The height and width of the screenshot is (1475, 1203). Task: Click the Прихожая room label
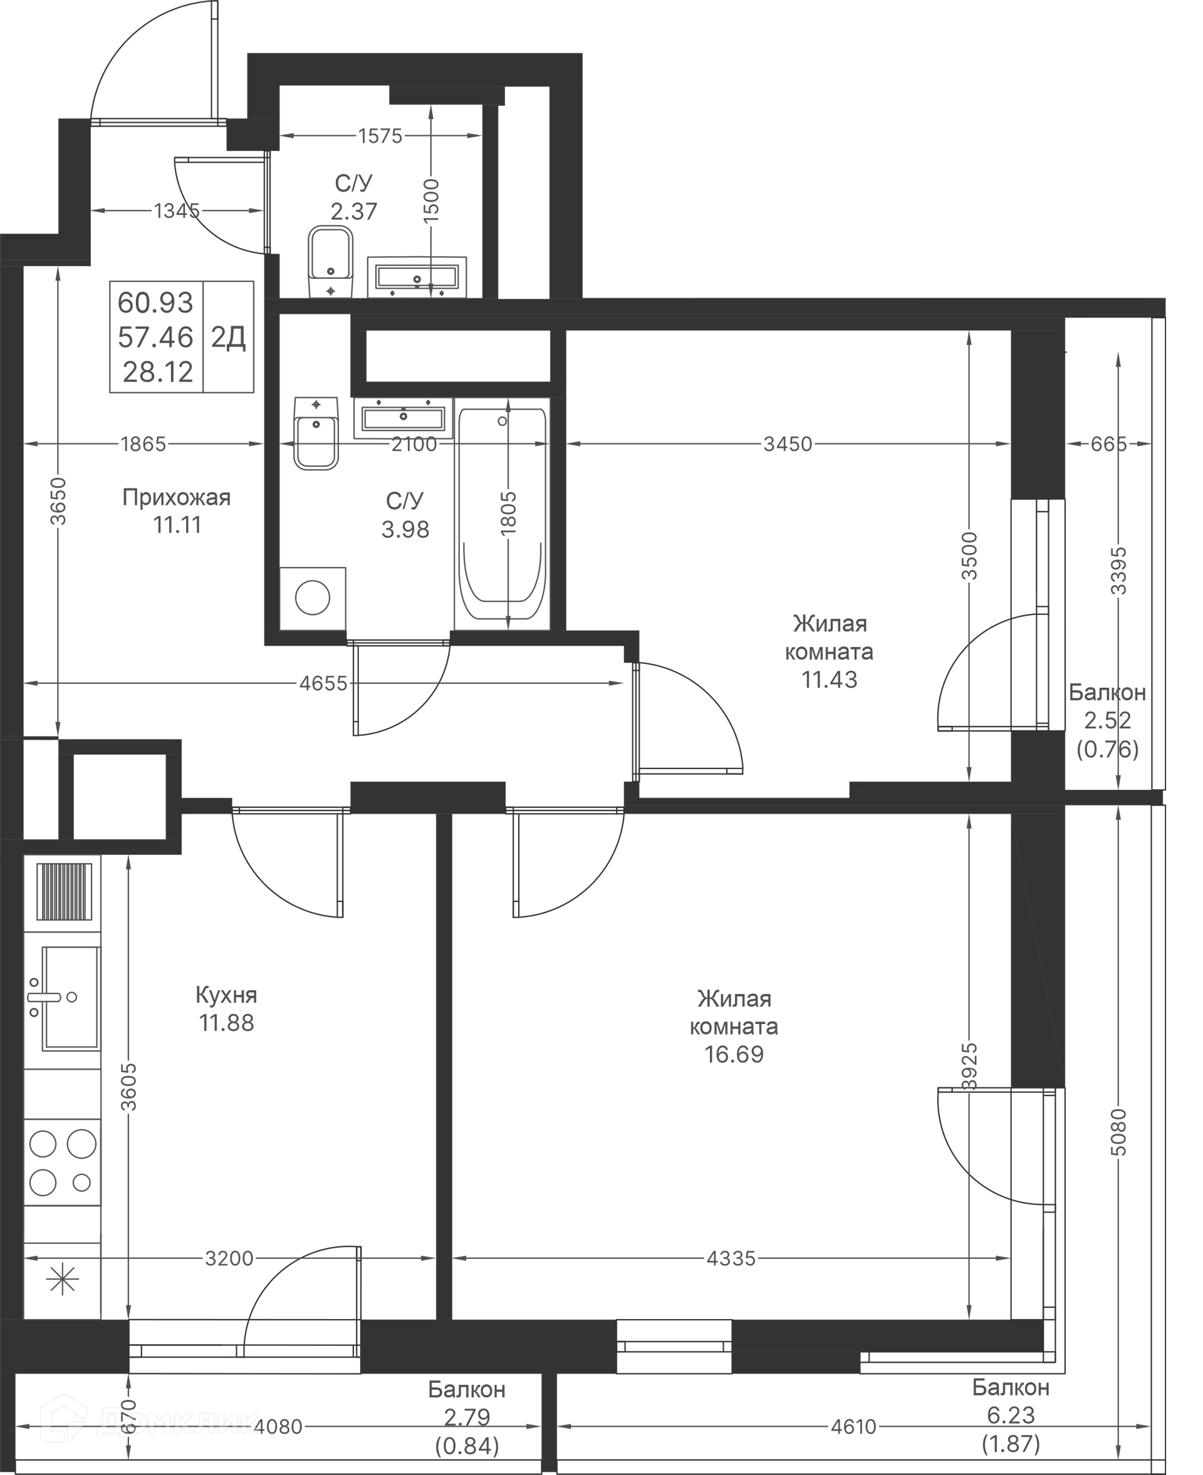(x=176, y=497)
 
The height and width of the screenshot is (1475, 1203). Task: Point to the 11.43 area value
(x=830, y=680)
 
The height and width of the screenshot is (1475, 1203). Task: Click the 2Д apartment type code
(x=228, y=338)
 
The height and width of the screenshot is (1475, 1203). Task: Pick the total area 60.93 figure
(x=155, y=303)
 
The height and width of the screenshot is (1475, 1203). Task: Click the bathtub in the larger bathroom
(x=503, y=514)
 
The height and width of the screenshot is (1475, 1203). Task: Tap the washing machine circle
(x=313, y=598)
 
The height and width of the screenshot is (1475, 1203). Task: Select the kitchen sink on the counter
(x=63, y=999)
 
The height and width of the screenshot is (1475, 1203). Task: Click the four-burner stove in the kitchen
(x=63, y=1163)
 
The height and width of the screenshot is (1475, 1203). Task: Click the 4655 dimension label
(x=323, y=683)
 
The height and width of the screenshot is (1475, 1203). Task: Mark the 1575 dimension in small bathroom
(x=380, y=136)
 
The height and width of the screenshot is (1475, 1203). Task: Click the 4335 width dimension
(x=731, y=1258)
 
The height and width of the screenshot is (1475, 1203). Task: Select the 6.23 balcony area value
(x=1011, y=1415)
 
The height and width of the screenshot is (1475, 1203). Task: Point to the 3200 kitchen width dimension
(x=229, y=1258)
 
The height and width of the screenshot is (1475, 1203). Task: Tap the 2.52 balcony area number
(x=1107, y=720)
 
